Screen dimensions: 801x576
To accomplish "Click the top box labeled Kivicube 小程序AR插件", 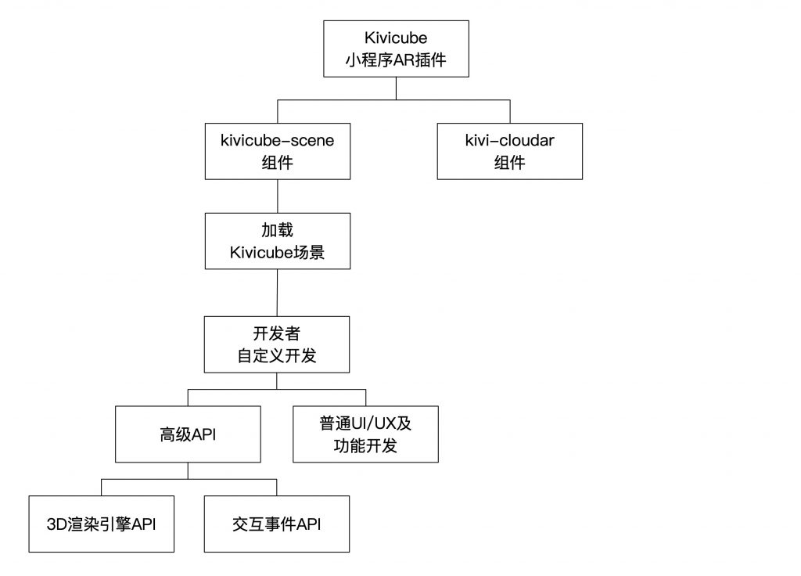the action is [x=396, y=49].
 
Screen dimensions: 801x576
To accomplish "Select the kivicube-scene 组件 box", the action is [x=278, y=151].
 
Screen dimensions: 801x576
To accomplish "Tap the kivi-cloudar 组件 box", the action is [x=510, y=151].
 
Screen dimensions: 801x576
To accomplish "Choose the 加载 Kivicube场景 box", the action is [x=278, y=241].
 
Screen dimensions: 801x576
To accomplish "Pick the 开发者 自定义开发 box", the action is [x=277, y=344].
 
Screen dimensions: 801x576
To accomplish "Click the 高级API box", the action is [x=188, y=434].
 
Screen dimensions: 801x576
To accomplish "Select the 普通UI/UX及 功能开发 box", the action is [x=365, y=434].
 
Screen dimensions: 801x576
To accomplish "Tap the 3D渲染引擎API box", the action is [x=101, y=524].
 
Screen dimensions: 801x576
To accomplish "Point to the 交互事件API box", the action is [x=277, y=524].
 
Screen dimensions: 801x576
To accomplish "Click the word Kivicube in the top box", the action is [x=396, y=38].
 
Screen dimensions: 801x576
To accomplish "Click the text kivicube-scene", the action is [x=278, y=141].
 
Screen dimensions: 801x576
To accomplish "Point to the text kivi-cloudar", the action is [x=510, y=141].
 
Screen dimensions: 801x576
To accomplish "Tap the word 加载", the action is [x=278, y=230].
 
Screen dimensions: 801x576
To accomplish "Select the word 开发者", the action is [x=277, y=333].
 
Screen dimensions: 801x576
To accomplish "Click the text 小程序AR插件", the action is [x=396, y=60].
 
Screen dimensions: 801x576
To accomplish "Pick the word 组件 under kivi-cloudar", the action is [x=510, y=163].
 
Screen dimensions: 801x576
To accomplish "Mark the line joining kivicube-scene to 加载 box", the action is [x=278, y=196].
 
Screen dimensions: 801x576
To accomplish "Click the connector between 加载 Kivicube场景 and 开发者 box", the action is [x=278, y=293].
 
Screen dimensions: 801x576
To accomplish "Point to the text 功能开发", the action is [x=365, y=445].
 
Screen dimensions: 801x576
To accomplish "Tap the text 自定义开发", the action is [x=277, y=356].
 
